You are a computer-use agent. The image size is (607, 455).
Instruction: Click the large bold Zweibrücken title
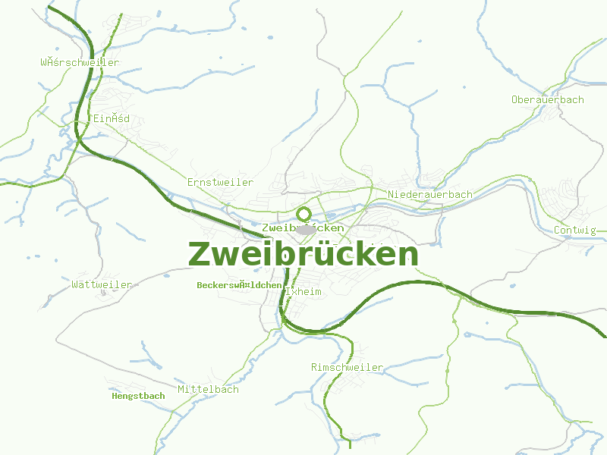303,254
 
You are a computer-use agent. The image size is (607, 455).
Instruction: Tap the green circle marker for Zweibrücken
304,214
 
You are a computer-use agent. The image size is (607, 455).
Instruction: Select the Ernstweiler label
220,183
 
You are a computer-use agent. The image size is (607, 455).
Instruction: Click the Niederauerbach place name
429,195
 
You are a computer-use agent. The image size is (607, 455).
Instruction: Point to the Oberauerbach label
547,100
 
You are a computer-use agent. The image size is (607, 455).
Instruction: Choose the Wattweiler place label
102,285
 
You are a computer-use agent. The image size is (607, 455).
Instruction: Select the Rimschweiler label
347,368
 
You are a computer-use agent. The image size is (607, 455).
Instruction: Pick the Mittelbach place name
208,390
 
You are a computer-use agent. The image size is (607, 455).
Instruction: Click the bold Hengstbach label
138,396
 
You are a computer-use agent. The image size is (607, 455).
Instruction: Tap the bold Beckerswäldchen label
239,285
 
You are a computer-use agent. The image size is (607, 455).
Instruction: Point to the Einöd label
112,119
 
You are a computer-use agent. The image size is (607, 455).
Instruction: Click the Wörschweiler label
80,63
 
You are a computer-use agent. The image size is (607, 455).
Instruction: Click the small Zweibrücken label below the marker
302,227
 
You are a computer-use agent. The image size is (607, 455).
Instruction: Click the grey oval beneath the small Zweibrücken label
307,230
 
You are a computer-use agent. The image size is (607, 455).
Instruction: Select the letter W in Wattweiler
74,285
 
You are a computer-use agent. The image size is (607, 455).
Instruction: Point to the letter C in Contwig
558,231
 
